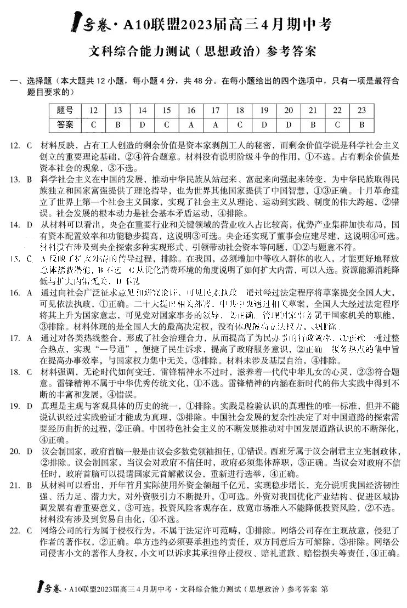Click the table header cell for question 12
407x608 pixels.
93,110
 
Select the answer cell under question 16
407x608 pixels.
191,124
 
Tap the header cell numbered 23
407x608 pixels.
361,110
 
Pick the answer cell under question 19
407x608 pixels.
264,124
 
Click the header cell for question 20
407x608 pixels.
289,110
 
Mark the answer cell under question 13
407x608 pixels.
117,124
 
